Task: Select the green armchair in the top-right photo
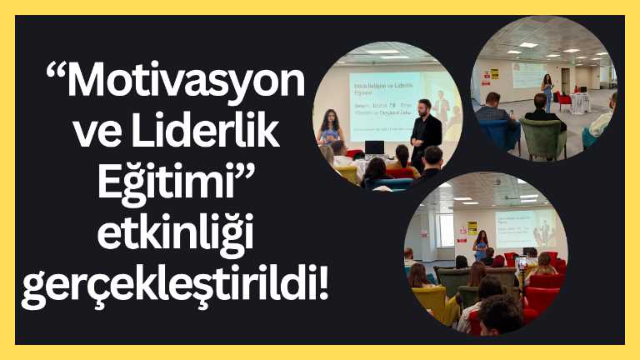click(x=543, y=137)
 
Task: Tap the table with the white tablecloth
click(x=579, y=102)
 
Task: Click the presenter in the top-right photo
click(x=547, y=91)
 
